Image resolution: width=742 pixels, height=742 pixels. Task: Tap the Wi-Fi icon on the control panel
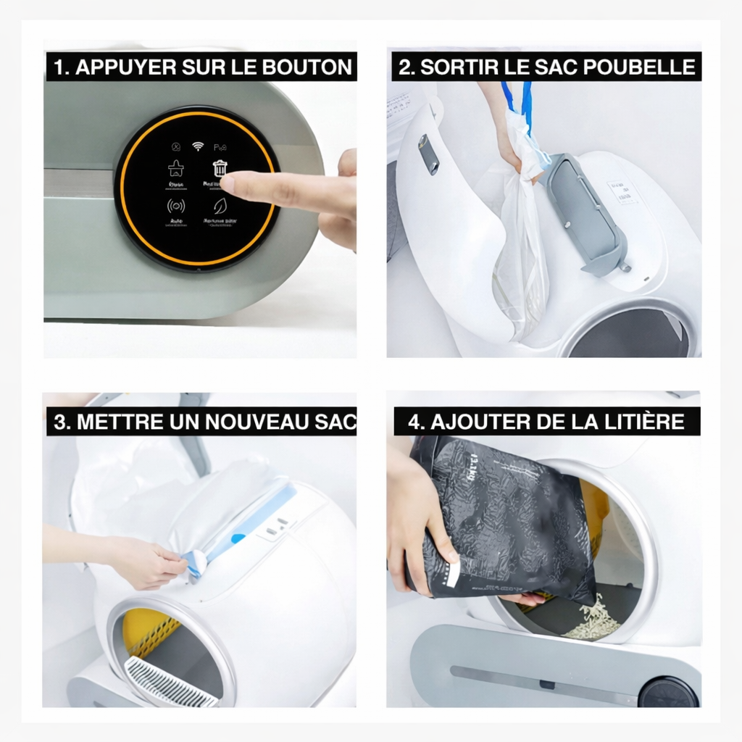click(198, 146)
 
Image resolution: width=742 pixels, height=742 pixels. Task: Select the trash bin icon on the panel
click(220, 168)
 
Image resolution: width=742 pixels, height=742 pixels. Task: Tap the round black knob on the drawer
click(667, 692)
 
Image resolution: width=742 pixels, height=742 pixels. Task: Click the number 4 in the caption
click(414, 422)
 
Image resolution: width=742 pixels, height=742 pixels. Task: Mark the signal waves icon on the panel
click(176, 206)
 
